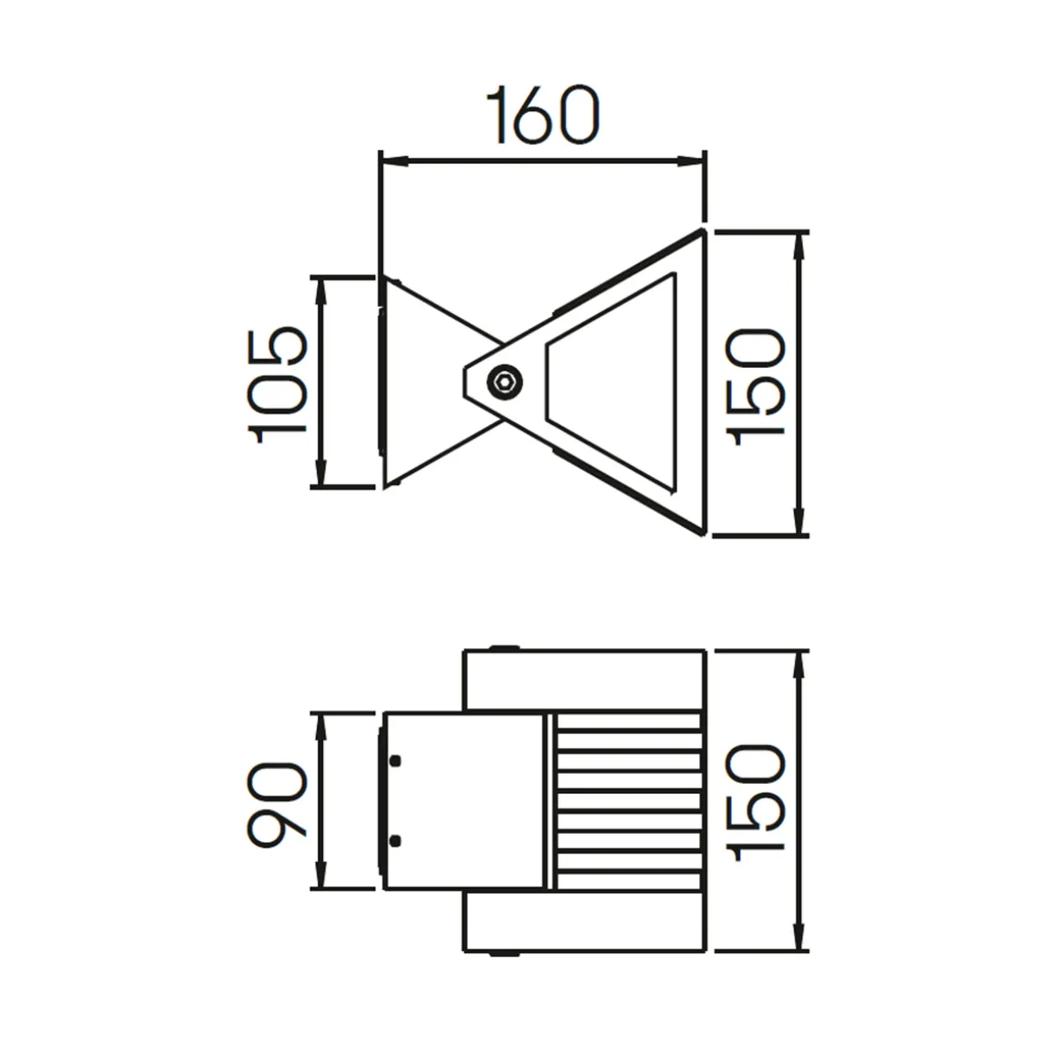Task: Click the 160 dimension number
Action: click(544, 117)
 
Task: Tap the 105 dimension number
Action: click(279, 382)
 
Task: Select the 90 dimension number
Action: click(279, 805)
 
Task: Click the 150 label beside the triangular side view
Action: click(757, 386)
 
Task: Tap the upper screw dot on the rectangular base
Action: click(395, 760)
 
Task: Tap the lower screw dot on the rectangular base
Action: click(395, 840)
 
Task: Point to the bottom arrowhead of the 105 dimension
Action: click(320, 476)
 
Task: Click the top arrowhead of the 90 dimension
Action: click(320, 725)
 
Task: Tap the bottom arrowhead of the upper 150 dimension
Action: click(799, 524)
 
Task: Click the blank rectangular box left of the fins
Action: click(464, 801)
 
